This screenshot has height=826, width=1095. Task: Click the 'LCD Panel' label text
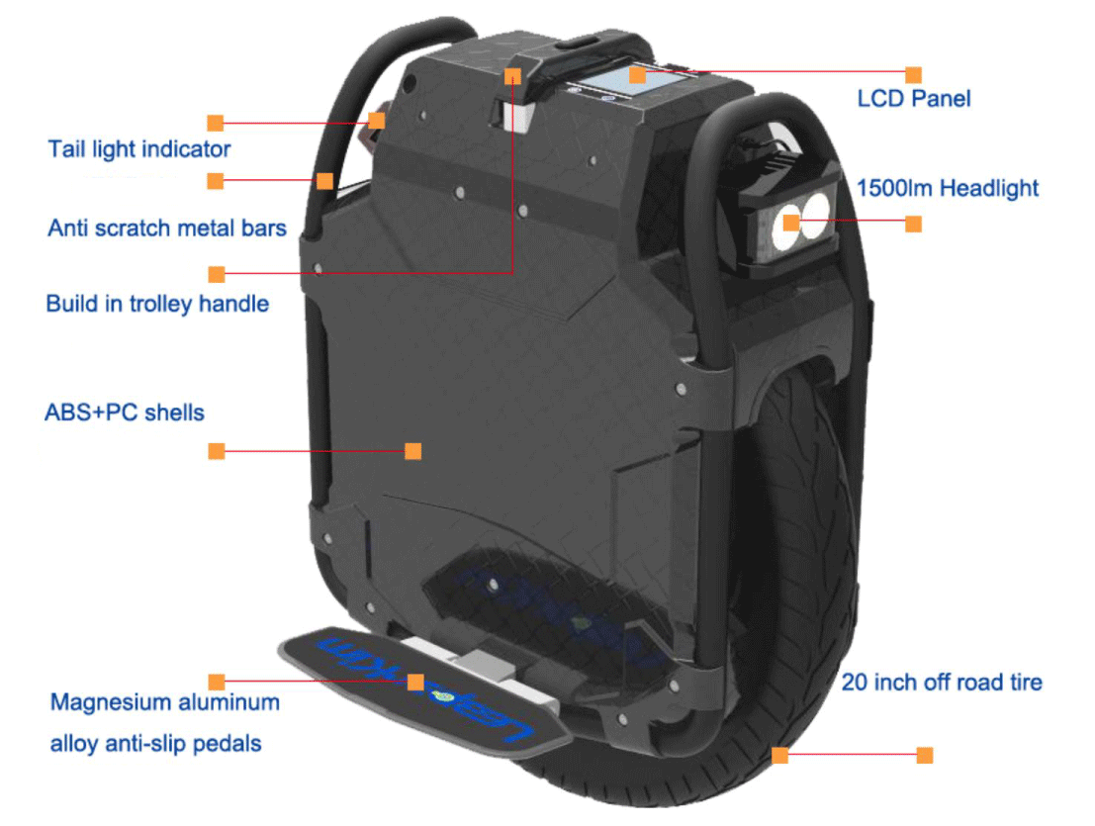click(913, 99)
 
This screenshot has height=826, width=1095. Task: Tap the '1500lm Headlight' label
click(947, 188)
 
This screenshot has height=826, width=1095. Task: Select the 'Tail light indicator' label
click(138, 149)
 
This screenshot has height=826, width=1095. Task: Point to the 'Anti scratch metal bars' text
click(167, 229)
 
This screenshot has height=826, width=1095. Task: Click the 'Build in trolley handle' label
click(157, 303)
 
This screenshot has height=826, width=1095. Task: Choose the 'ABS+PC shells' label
click(125, 412)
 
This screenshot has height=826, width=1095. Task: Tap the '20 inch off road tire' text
click(941, 682)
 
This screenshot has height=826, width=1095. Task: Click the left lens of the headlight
click(792, 221)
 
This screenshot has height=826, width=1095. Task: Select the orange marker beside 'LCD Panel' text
click(913, 74)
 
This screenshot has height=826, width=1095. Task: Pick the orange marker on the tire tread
click(779, 755)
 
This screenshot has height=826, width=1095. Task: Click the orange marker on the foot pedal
click(415, 682)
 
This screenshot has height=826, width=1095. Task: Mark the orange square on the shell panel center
click(413, 451)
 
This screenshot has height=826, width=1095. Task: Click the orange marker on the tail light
click(376, 121)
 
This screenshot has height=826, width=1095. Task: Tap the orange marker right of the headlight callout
click(913, 225)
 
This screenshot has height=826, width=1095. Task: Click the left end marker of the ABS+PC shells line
click(216, 451)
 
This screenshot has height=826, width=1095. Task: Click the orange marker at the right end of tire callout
click(925, 755)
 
